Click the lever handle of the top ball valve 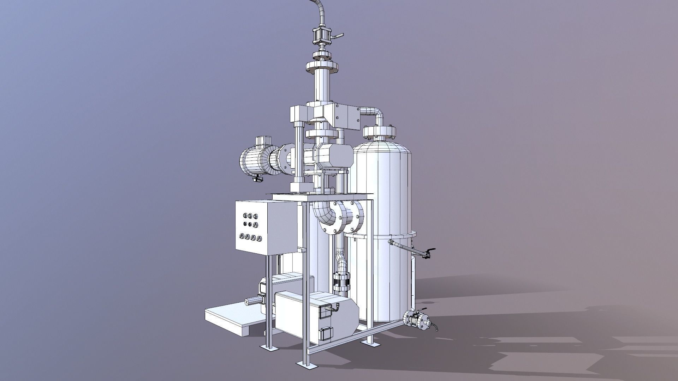click(x=339, y=36)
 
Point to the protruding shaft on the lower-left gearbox click(x=252, y=301)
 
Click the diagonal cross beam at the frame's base click(x=357, y=339)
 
